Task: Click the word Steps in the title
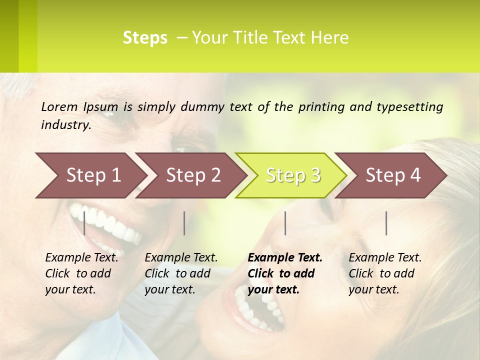point(145,38)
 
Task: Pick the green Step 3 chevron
point(293,175)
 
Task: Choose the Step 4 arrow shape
point(393,175)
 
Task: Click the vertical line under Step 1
point(84,223)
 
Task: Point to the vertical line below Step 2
point(184,223)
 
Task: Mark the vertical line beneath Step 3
point(285,223)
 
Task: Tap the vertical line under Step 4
point(386,223)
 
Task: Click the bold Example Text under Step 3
point(285,273)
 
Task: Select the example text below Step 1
point(81,273)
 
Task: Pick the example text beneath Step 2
point(181,273)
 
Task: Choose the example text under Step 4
point(385,273)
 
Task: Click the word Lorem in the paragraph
point(59,107)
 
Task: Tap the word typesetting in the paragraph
point(413,107)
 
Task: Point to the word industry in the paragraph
point(66,125)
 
